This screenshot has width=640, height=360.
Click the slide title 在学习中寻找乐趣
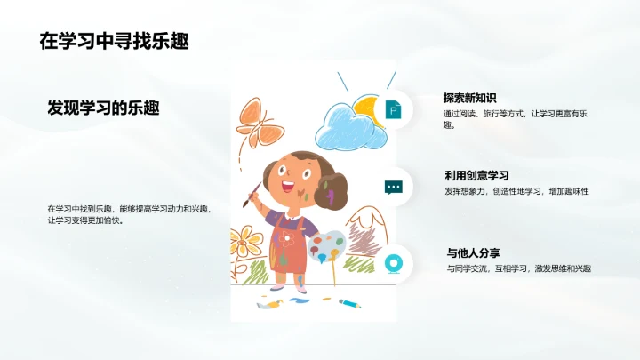tap(114, 41)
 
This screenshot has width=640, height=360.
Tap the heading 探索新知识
tap(469, 98)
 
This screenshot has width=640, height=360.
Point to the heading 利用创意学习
tap(476, 175)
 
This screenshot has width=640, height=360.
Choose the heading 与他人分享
tap(473, 253)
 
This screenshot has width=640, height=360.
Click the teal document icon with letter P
tap(393, 109)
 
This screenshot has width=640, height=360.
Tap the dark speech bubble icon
tap(393, 187)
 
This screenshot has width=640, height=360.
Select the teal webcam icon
tap(393, 264)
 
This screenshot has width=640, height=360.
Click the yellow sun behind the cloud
tap(366, 108)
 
